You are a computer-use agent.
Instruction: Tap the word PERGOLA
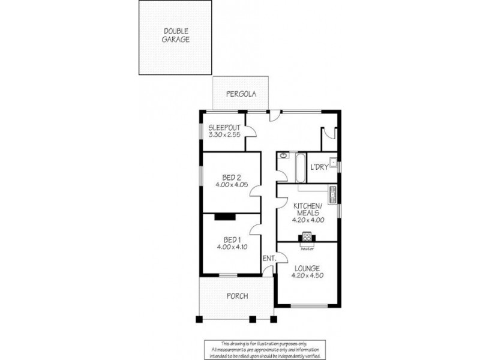click(241, 94)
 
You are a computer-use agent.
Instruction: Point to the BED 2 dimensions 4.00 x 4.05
click(231, 185)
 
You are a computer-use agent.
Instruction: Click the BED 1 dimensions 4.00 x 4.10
click(231, 246)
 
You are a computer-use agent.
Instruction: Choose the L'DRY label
click(319, 167)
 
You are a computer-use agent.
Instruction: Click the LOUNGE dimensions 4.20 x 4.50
click(307, 276)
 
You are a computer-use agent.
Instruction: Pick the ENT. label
click(269, 258)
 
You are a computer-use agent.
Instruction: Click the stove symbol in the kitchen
click(307, 236)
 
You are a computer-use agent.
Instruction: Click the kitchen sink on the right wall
click(332, 193)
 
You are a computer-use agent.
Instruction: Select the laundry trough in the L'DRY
click(332, 162)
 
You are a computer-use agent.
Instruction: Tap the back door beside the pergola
click(273, 116)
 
